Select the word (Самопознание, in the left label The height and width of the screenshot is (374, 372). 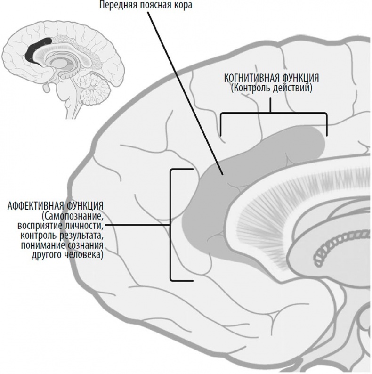click(71, 216)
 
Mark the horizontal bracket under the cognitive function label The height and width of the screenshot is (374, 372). click(273, 114)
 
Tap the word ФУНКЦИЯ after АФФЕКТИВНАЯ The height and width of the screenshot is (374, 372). click(85, 207)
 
